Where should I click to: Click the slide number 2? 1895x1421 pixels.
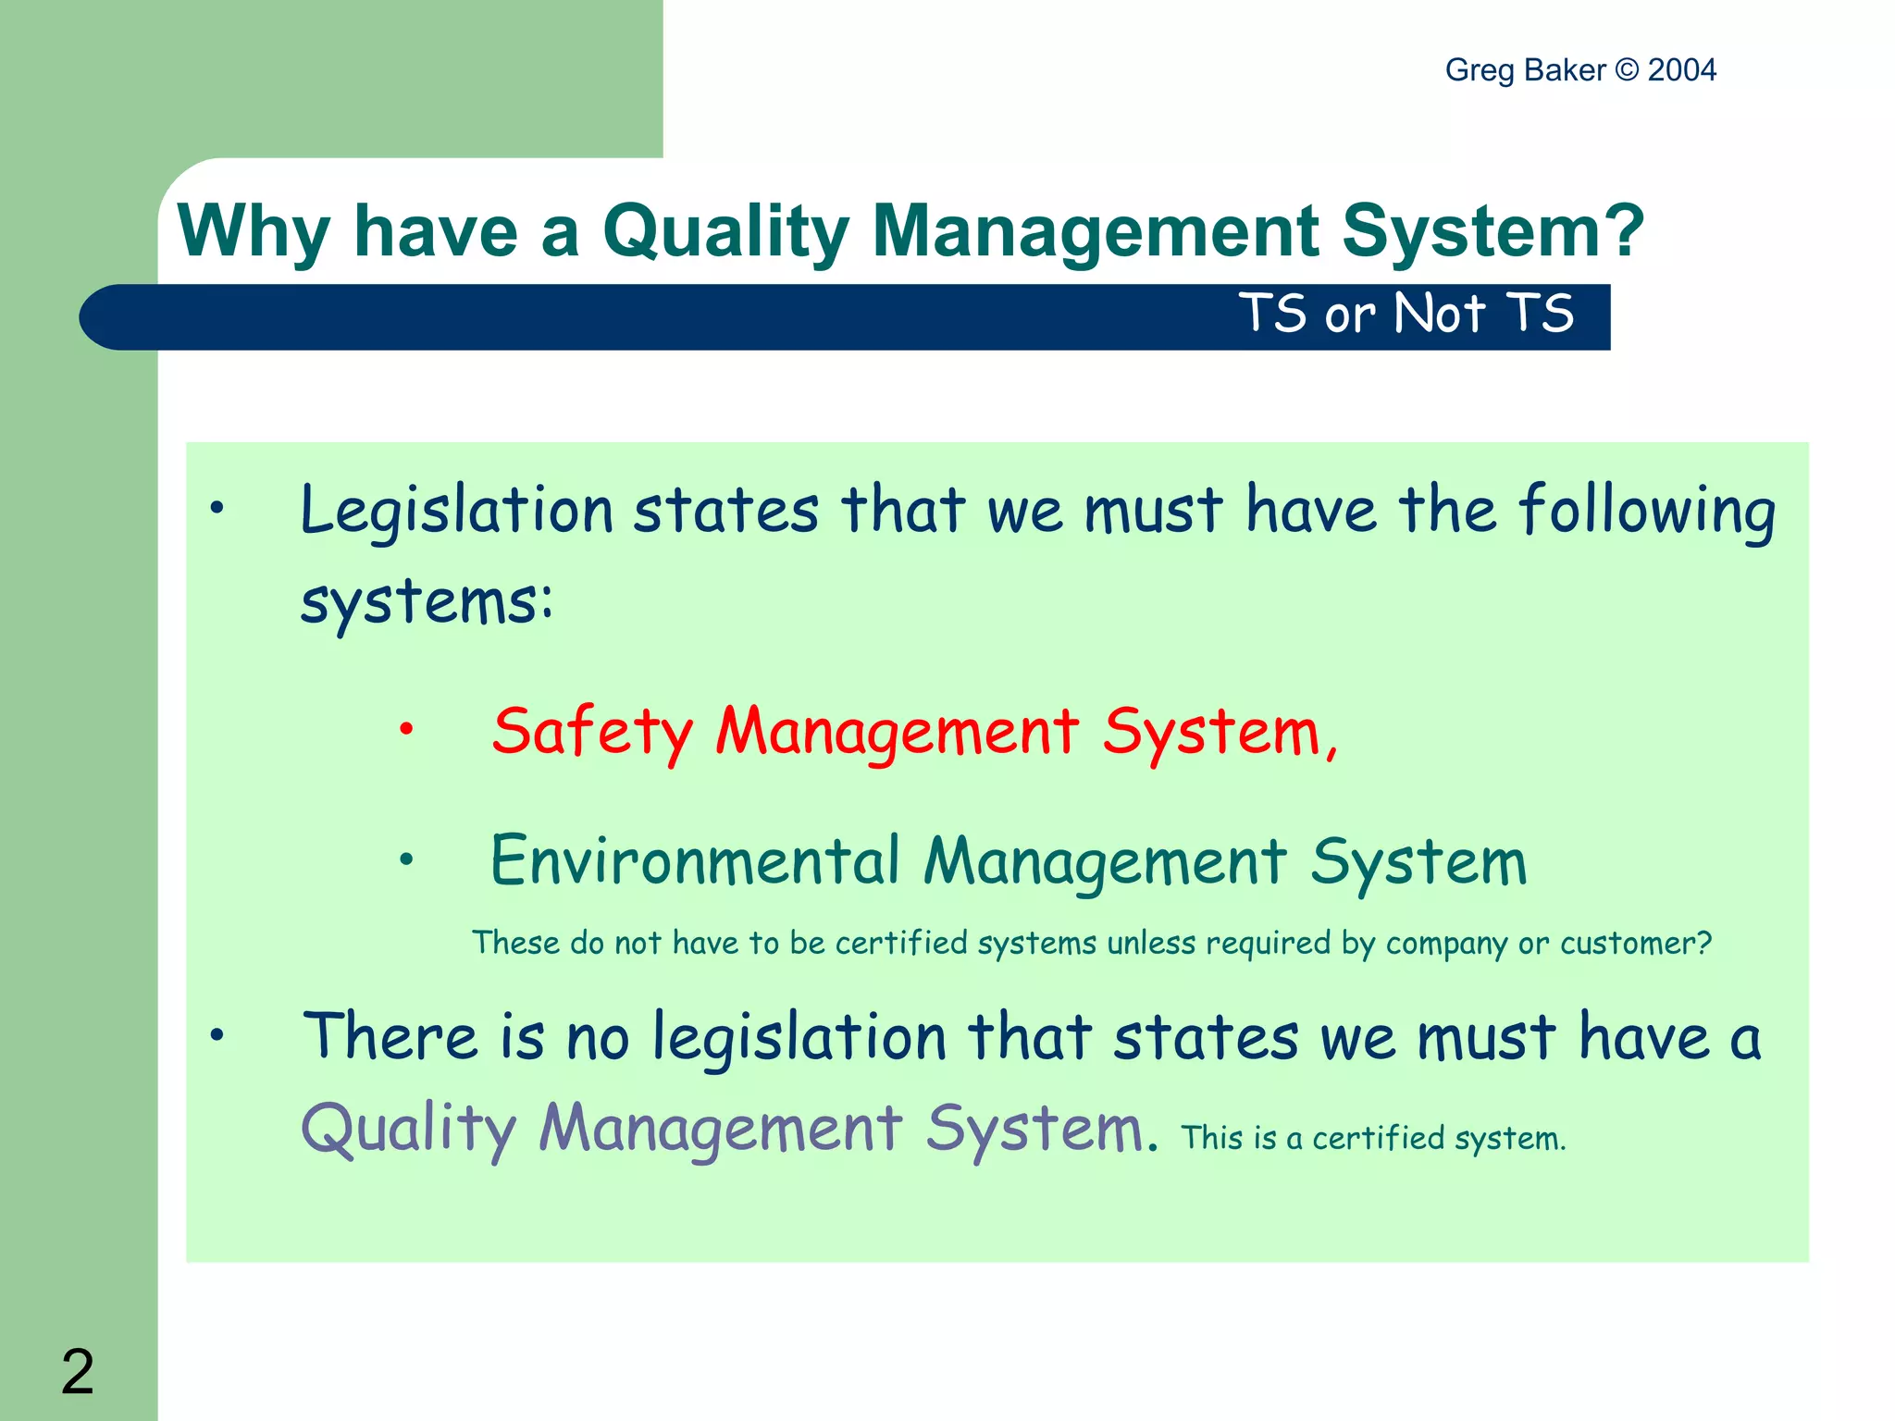click(78, 1371)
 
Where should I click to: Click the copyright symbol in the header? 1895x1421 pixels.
click(1626, 70)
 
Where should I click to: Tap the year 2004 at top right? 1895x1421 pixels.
click(1681, 70)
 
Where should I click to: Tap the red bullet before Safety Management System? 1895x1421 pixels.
click(406, 730)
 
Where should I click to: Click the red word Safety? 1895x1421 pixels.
click(592, 732)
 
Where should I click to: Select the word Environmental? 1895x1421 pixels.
click(694, 860)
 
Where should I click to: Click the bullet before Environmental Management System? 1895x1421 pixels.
click(406, 859)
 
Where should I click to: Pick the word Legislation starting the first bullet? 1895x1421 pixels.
click(457, 511)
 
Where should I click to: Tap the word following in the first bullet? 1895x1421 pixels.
click(1647, 511)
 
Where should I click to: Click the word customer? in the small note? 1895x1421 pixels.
click(1635, 943)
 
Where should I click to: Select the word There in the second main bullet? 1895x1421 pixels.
click(390, 1036)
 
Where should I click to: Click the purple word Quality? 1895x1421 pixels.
click(408, 1130)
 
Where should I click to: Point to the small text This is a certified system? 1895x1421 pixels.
click(1373, 1138)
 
